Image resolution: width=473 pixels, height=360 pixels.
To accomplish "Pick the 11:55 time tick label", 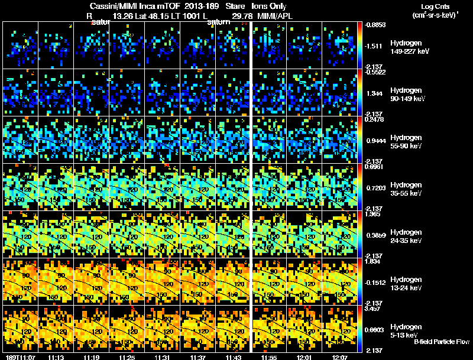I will (269, 356).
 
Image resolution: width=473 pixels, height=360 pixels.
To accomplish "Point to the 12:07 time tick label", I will (340, 356).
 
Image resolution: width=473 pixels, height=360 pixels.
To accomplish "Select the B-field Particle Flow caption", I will (441, 342).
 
